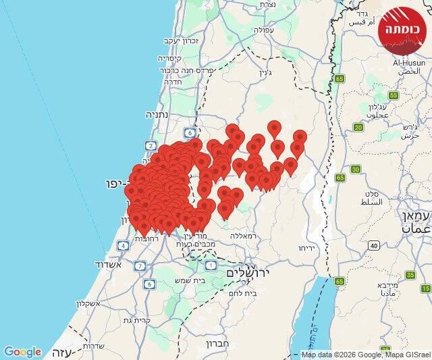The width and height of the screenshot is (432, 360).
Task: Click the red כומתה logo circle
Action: coord(403,29)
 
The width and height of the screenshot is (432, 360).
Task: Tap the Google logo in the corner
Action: coord(22,352)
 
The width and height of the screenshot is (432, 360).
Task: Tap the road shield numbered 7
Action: coord(140,265)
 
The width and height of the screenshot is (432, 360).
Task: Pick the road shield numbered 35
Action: coord(410,275)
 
